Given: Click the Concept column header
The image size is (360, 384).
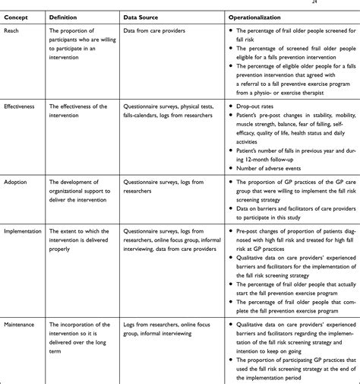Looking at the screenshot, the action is (x=17, y=15).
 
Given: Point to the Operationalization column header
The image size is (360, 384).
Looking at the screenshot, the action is (x=261, y=15).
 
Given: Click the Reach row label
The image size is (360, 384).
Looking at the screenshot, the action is (x=12, y=30).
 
